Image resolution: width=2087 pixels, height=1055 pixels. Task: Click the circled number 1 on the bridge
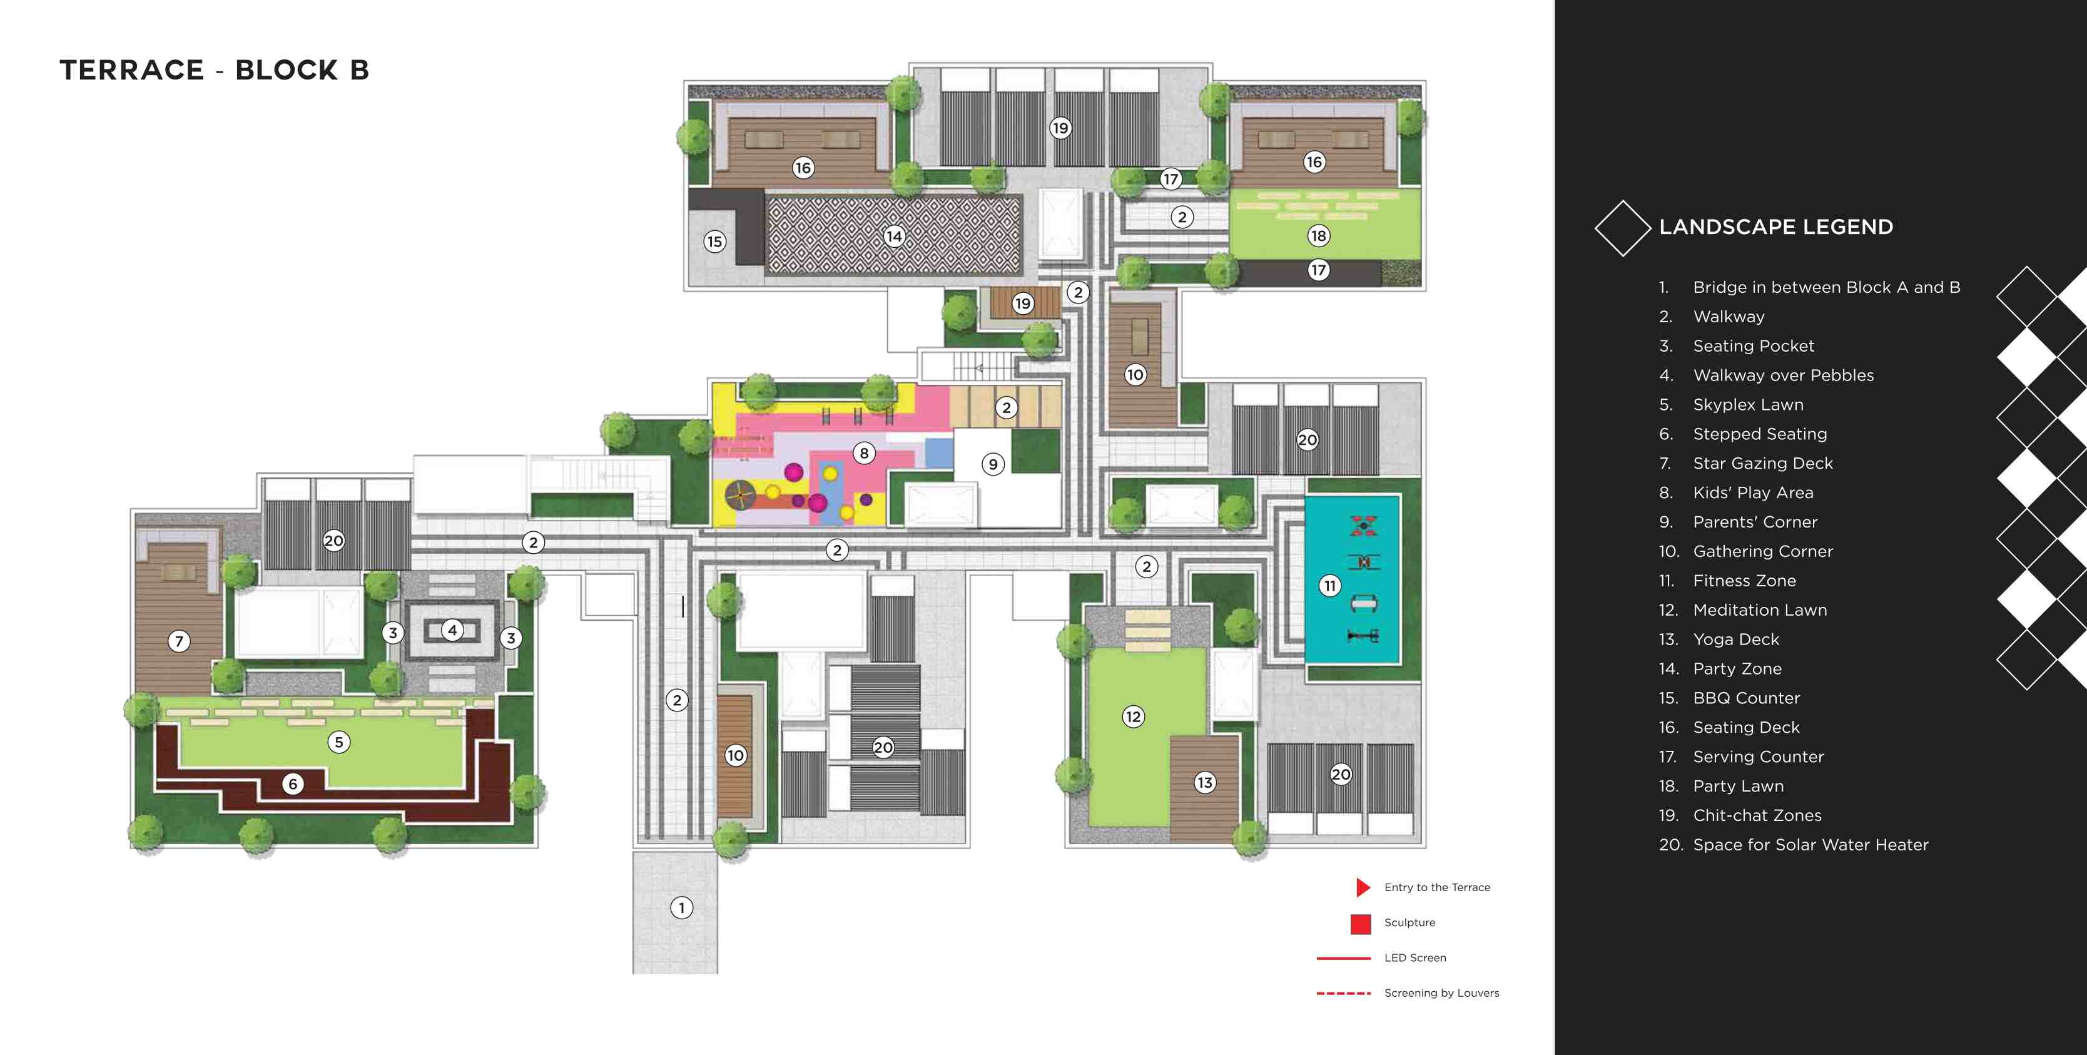[x=681, y=907]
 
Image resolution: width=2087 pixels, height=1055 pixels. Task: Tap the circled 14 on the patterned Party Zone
[x=893, y=236]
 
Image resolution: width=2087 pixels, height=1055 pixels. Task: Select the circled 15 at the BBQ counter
[x=714, y=242]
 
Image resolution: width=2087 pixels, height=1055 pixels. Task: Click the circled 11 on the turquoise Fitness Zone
[x=1329, y=586]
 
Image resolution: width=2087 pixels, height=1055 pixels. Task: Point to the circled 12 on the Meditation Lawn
[x=1132, y=716]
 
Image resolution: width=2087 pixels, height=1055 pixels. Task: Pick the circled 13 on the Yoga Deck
[x=1205, y=783]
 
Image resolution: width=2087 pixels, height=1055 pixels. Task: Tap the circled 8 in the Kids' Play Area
[x=864, y=453]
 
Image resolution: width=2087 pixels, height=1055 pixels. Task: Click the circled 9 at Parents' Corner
[x=992, y=464]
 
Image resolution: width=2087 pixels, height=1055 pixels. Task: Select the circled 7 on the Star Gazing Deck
[x=179, y=641]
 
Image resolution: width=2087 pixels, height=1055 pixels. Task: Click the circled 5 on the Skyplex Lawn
[x=338, y=742]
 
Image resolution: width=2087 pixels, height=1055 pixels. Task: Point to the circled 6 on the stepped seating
[x=293, y=783]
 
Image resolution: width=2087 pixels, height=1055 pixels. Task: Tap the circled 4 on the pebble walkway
[x=452, y=629]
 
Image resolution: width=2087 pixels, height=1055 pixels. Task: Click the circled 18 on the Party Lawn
[x=1318, y=236]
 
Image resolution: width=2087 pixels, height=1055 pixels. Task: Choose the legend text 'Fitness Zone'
[x=1744, y=581]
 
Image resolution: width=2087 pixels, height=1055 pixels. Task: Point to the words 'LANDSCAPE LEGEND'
[x=1776, y=227]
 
